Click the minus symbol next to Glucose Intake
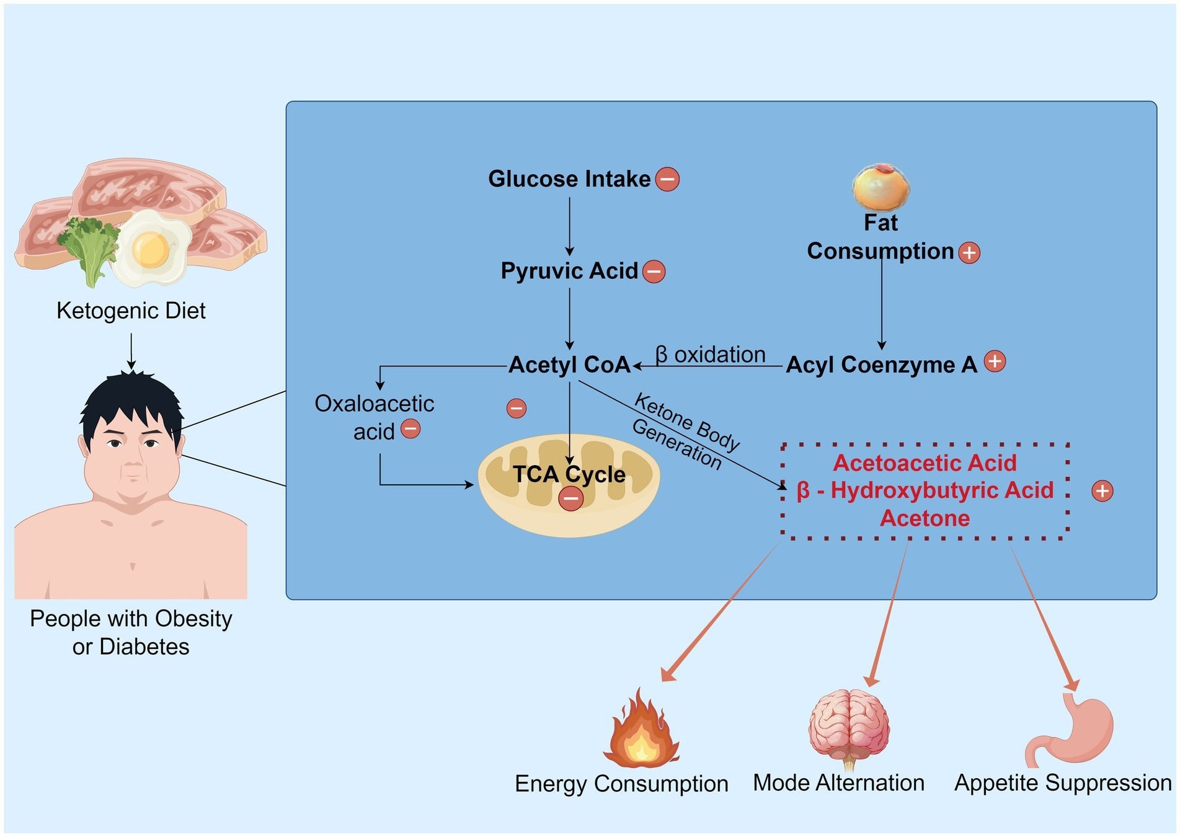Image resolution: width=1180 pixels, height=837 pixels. click(x=667, y=179)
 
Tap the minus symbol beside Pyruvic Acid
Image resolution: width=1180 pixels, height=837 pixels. click(x=654, y=272)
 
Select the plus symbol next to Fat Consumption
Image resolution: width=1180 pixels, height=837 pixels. click(x=969, y=252)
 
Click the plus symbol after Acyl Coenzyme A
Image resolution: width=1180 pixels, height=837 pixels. click(x=995, y=361)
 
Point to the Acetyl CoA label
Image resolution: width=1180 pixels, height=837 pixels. click(x=569, y=365)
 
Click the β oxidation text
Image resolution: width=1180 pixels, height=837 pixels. click(x=710, y=355)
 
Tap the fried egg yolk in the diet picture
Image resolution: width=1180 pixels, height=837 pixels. click(x=150, y=248)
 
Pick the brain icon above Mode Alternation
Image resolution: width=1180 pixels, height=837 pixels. click(x=848, y=728)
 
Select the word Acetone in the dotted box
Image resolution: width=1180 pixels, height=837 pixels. click(x=925, y=518)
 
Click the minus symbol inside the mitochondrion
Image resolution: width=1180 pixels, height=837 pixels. click(x=570, y=498)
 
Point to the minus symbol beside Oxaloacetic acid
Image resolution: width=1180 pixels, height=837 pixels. click(x=410, y=429)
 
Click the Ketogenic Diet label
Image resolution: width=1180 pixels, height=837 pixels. click(x=131, y=311)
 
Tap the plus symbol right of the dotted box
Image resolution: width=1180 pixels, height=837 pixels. click(x=1102, y=491)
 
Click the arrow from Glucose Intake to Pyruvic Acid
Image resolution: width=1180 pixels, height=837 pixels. click(x=569, y=226)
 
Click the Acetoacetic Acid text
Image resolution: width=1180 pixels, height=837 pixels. click(x=925, y=463)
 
